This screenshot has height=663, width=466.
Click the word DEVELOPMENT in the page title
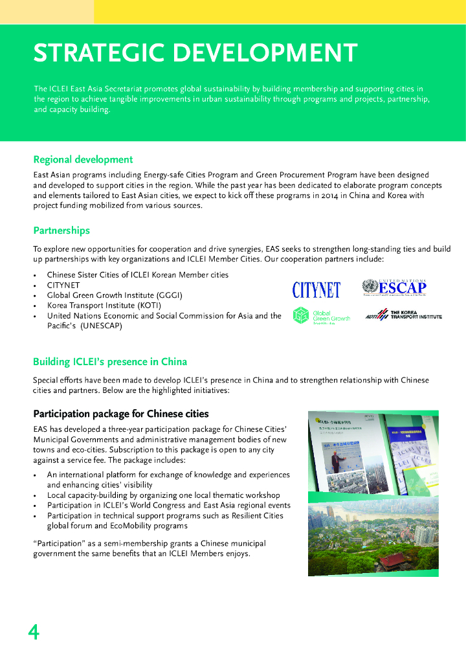coord(265,53)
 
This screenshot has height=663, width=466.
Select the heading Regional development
coord(83,159)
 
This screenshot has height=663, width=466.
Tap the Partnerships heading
coord(61,230)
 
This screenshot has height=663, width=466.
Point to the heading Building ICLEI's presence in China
coord(110,361)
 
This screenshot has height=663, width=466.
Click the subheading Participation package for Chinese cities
coord(121,414)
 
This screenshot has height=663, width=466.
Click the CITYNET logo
coord(316,290)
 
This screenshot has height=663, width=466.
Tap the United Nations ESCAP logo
coord(395,287)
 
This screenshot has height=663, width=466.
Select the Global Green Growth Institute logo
coord(322,315)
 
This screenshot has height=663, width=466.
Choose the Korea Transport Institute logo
coord(404,315)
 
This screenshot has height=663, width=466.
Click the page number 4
coord(34,632)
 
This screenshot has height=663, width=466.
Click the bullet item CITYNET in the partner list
coord(63,285)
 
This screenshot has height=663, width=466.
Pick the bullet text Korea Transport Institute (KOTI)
coord(104,306)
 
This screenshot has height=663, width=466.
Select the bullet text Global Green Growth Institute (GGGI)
coord(115,295)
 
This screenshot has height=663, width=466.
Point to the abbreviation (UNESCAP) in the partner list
coord(101,326)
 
